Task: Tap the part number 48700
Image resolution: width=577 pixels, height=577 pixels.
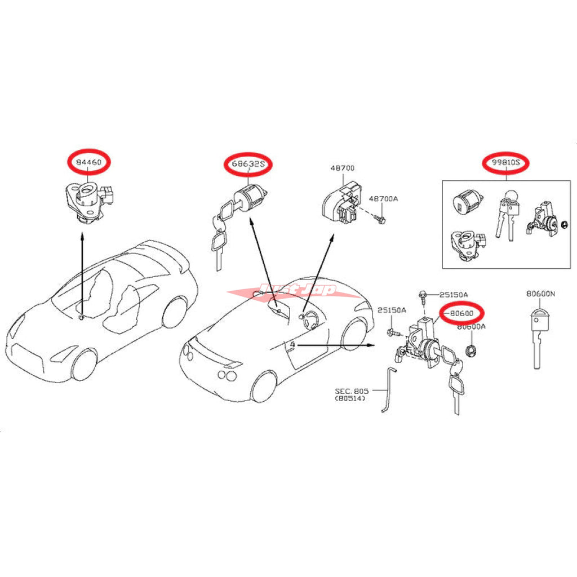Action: pos(343,168)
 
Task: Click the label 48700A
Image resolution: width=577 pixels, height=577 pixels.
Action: pos(383,199)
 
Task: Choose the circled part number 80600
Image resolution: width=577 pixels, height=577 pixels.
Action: pos(462,313)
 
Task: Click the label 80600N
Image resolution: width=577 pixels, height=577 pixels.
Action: pos(540,294)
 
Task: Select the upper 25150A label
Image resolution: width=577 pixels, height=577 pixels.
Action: pos(453,295)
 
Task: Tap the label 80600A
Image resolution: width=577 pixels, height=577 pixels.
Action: pos(471,327)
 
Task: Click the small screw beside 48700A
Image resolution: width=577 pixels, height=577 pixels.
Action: pos(380,218)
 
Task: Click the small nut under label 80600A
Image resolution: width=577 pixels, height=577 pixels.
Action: pos(471,352)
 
